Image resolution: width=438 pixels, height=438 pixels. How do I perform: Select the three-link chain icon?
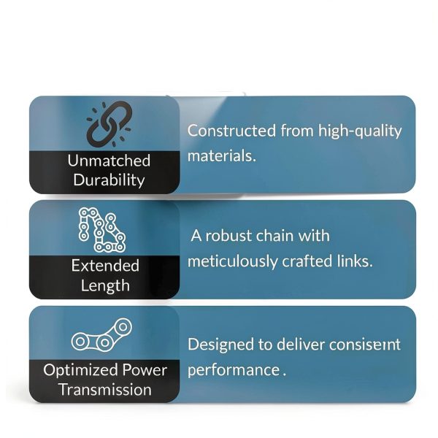click(101, 334)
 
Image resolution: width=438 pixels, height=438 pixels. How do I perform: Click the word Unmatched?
click(109, 161)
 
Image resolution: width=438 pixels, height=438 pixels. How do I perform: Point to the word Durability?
click(109, 180)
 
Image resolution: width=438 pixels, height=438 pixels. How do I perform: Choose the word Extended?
click(105, 266)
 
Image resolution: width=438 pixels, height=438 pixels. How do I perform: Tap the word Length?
click(105, 285)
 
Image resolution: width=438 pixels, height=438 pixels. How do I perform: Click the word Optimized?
click(80, 370)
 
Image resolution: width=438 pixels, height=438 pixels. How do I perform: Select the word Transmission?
click(105, 390)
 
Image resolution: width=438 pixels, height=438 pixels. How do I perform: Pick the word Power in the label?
click(145, 370)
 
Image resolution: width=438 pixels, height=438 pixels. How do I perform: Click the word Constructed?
click(231, 131)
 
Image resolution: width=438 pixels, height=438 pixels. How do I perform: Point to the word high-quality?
click(360, 131)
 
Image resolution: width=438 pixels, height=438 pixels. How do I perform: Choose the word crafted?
click(307, 261)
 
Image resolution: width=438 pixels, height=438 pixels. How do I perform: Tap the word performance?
click(234, 371)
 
